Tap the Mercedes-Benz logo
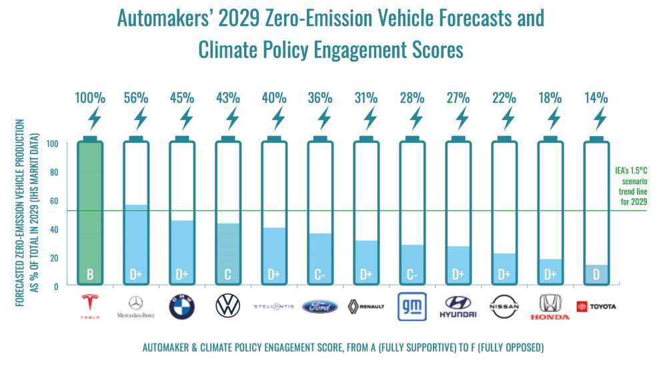[x=135, y=306]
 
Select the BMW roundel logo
[x=181, y=306]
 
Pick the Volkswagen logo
[x=227, y=306]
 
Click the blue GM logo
[x=412, y=306]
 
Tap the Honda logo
[x=550, y=306]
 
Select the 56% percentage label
[x=137, y=97]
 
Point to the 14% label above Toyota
[x=598, y=97]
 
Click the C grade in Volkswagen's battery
[x=227, y=274]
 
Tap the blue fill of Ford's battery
[x=319, y=254]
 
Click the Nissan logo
[x=504, y=306]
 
